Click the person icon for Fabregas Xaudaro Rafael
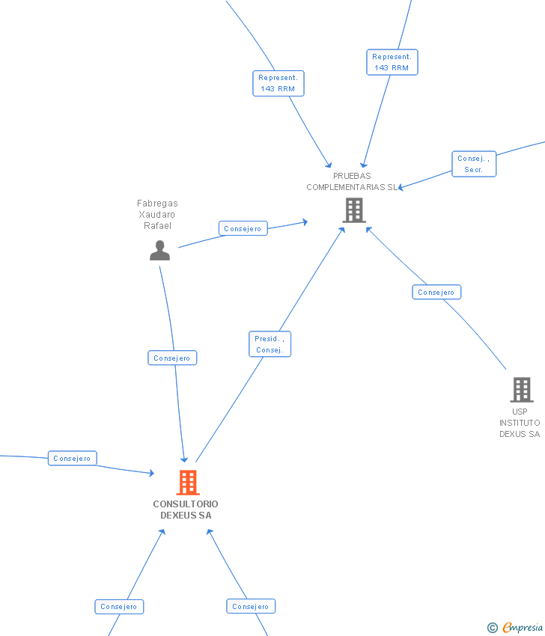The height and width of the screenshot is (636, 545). click(x=159, y=251)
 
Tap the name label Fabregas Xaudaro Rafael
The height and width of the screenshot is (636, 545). click(x=157, y=214)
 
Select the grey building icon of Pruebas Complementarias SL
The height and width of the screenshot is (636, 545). click(x=354, y=210)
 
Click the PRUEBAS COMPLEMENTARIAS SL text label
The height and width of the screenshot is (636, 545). click(x=352, y=182)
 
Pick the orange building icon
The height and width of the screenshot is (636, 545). click(x=188, y=483)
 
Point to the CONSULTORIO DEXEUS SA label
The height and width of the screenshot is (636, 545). click(x=186, y=510)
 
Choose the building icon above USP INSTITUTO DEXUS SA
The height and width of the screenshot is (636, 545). click(x=522, y=390)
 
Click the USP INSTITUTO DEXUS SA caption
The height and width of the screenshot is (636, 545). click(x=520, y=423)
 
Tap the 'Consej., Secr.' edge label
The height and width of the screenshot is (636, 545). click(x=474, y=164)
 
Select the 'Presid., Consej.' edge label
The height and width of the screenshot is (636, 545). click(x=270, y=344)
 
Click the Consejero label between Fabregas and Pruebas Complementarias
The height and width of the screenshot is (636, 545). click(x=243, y=228)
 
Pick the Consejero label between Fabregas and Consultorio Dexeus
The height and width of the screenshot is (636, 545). click(x=172, y=358)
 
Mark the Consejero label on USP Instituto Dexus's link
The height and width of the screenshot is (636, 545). click(x=436, y=292)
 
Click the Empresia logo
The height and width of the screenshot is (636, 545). click(x=523, y=627)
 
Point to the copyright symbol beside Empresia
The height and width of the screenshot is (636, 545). click(x=492, y=628)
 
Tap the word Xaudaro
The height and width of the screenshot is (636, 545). click(x=157, y=214)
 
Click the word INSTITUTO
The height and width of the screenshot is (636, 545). click(x=520, y=423)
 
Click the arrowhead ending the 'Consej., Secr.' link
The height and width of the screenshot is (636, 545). click(x=401, y=188)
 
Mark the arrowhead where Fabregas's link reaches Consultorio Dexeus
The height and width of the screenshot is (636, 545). click(x=184, y=459)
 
